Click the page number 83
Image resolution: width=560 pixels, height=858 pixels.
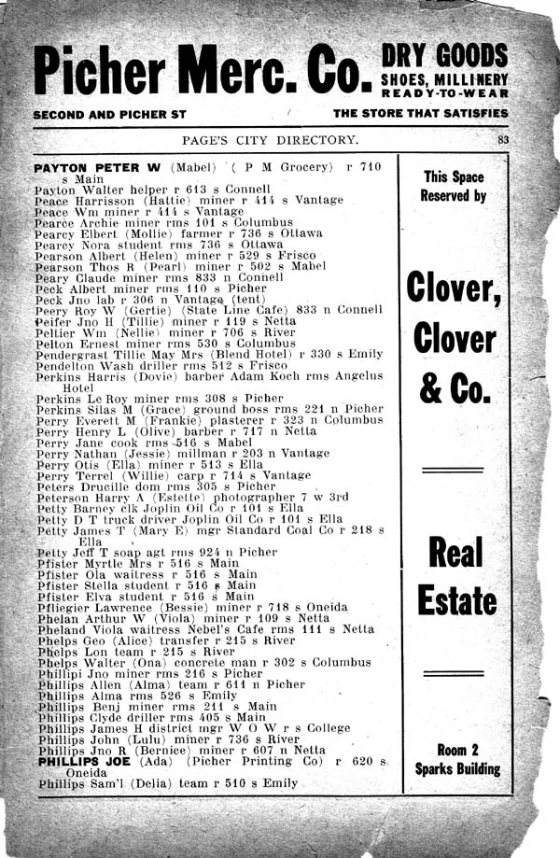tap(502, 139)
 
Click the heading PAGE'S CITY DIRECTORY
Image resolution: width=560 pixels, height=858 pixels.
tap(271, 140)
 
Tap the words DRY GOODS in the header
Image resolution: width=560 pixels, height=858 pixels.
tap(444, 55)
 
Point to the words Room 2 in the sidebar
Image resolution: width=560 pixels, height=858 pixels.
tap(457, 749)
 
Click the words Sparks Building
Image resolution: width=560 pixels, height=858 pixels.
tap(457, 770)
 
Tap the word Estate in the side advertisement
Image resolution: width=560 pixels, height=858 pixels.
tap(457, 601)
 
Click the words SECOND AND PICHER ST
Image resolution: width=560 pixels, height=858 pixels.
tap(115, 113)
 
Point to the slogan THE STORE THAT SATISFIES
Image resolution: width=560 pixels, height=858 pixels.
tap(420, 113)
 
